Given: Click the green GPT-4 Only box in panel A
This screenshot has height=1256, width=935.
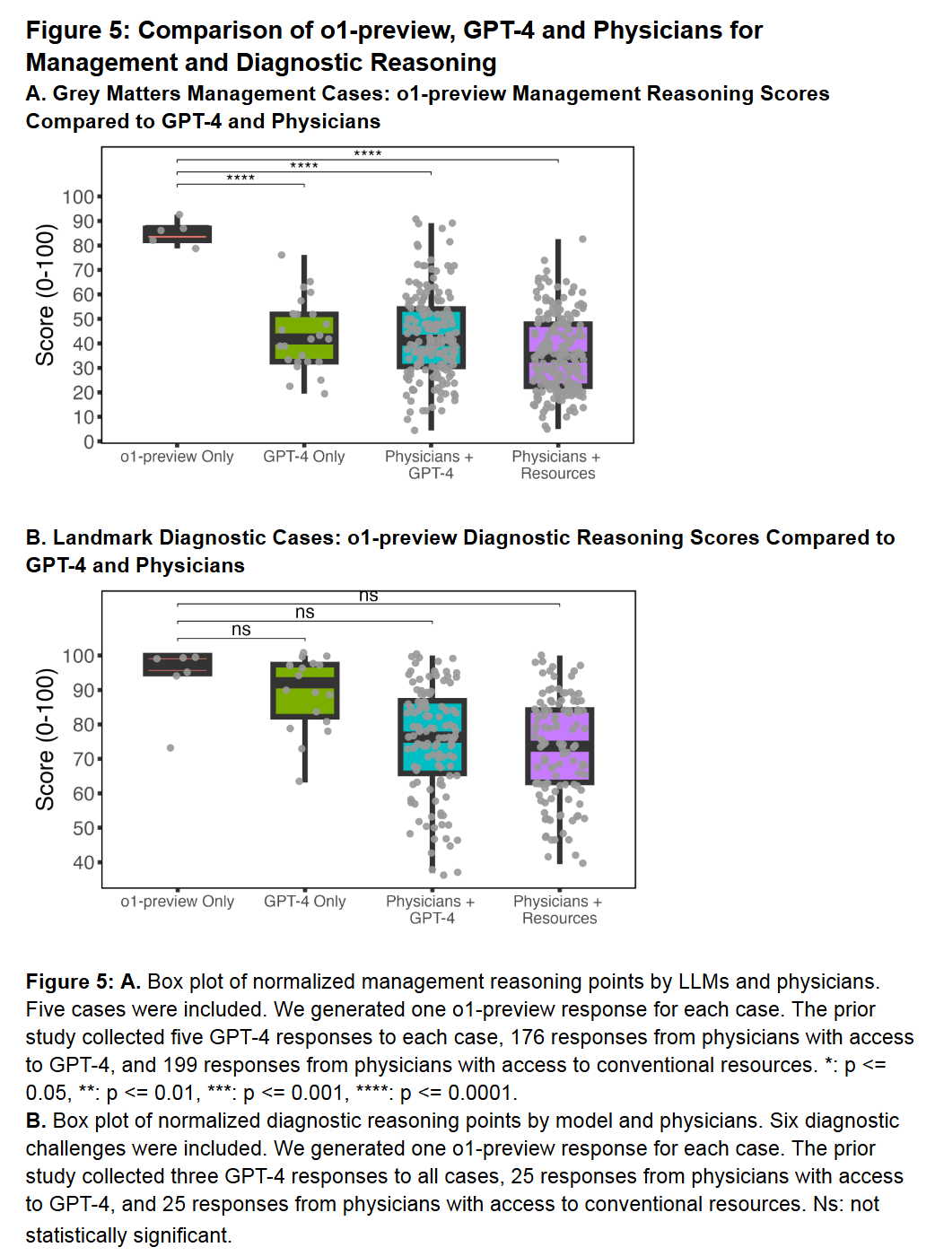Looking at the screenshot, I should [x=304, y=337].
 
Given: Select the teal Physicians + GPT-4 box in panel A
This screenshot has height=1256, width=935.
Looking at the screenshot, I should [x=431, y=337].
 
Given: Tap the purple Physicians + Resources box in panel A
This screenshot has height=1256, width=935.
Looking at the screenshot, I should [x=558, y=355].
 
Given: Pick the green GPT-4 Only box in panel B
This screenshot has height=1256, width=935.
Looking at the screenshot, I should [x=305, y=691].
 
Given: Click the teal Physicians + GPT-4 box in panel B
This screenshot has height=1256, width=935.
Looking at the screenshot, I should [x=433, y=737].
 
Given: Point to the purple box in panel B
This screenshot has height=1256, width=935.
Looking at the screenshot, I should [x=560, y=746].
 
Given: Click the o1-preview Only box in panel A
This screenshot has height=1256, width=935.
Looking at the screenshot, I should [x=178, y=234].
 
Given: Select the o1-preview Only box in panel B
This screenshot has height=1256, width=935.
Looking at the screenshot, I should [x=178, y=665].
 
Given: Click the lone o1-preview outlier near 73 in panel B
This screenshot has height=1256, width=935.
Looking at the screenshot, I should [x=170, y=747].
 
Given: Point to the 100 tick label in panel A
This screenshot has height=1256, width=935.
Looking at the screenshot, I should [x=78, y=196].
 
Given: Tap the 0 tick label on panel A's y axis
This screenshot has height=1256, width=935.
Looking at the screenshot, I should [x=89, y=441].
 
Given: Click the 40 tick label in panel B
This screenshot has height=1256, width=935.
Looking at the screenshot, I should [x=83, y=862].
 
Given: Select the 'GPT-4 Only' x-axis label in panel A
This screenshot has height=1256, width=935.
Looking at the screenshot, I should [x=304, y=457].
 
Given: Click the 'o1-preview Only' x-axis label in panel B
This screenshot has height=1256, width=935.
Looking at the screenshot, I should [x=178, y=902].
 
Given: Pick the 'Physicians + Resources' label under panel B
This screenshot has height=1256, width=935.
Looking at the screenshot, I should [x=559, y=910].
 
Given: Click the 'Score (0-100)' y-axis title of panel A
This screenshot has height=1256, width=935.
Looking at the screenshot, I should [x=45, y=295].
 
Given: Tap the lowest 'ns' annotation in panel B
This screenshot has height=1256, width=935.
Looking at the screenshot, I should [x=241, y=630].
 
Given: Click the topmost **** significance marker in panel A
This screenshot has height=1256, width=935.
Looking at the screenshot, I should [x=368, y=154].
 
